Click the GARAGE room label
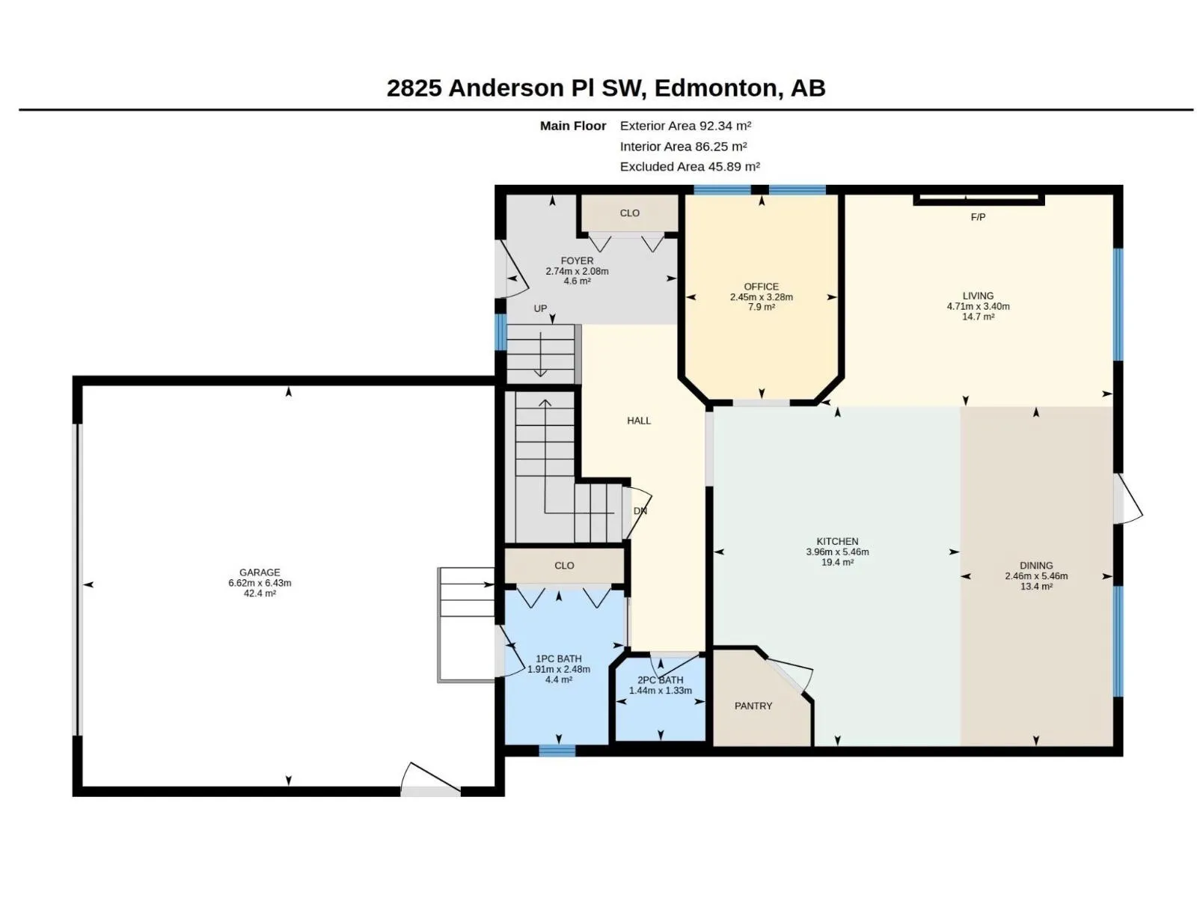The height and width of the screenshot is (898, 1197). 260,572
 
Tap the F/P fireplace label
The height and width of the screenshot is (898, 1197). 978,217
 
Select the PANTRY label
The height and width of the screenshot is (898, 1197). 753,706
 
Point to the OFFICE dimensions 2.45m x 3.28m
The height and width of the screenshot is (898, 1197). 762,297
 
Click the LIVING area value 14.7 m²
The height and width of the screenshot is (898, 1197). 979,317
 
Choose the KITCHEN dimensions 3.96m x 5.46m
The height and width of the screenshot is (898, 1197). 838,552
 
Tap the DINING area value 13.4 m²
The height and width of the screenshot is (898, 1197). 1036,586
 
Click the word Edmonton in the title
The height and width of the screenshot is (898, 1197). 715,88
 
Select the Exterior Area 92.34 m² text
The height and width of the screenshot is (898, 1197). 685,126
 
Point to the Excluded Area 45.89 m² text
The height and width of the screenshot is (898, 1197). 690,167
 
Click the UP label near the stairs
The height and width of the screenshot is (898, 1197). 540,308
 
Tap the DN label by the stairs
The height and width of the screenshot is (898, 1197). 640,511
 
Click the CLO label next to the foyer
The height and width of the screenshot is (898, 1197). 630,213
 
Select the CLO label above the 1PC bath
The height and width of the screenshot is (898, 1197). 564,566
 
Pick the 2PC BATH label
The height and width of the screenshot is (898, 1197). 661,680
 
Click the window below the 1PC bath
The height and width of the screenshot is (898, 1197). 557,751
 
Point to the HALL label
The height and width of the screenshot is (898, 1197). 639,421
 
